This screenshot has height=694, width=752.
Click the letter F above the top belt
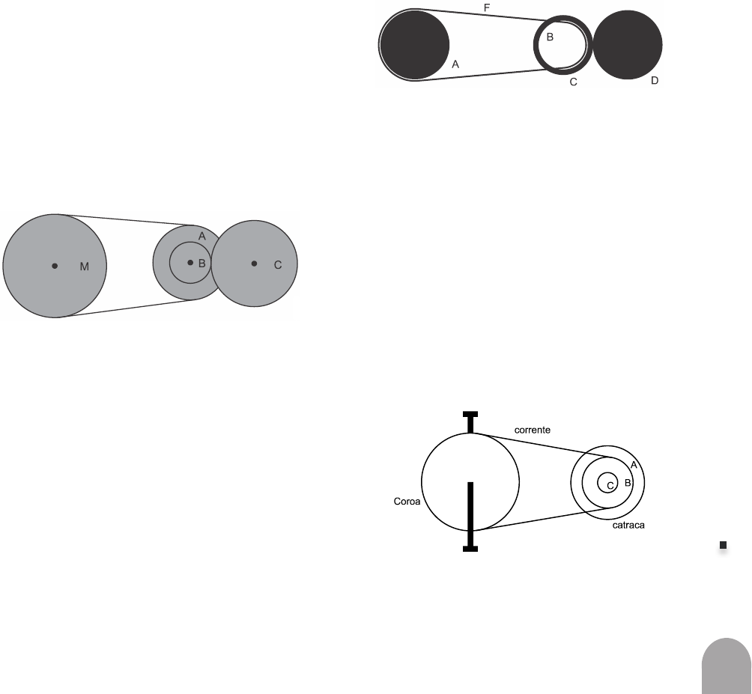tap(487, 7)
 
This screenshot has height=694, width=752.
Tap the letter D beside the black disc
tap(654, 79)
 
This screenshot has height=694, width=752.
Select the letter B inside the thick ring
tap(549, 37)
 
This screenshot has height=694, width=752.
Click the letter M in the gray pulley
tap(85, 267)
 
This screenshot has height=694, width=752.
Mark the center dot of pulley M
tap(55, 265)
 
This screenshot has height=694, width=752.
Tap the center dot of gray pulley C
tap(254, 263)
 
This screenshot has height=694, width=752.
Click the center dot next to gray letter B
tap(189, 262)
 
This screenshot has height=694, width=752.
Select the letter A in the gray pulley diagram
tap(201, 236)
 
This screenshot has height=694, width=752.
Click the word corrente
tap(533, 430)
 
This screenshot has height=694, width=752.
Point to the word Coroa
tap(407, 502)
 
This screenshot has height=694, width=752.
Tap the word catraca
tap(628, 526)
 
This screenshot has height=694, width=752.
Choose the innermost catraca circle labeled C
tap(607, 483)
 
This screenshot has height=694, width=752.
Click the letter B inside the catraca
tap(628, 484)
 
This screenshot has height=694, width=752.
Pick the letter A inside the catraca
tap(634, 465)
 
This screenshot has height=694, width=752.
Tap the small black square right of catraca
tap(724, 546)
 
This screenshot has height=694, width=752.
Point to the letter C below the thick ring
tap(573, 82)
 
